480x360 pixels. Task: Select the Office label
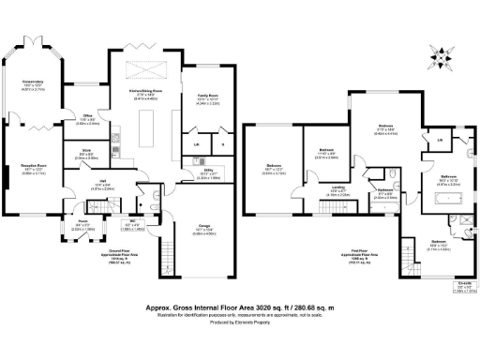85,120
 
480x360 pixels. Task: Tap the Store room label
86,157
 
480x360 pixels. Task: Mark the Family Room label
207,98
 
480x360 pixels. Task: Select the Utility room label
208,173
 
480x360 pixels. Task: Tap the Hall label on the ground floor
103,185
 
